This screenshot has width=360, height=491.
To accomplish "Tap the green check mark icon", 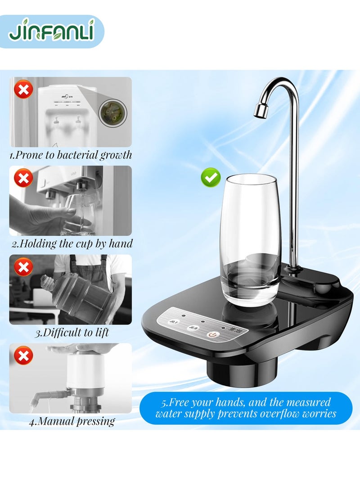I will click(x=211, y=178).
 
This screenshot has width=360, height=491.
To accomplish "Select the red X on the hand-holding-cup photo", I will click(x=23, y=179).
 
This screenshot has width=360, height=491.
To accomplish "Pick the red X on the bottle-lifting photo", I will click(x=23, y=268).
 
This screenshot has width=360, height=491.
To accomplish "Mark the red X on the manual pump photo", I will click(x=23, y=356).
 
